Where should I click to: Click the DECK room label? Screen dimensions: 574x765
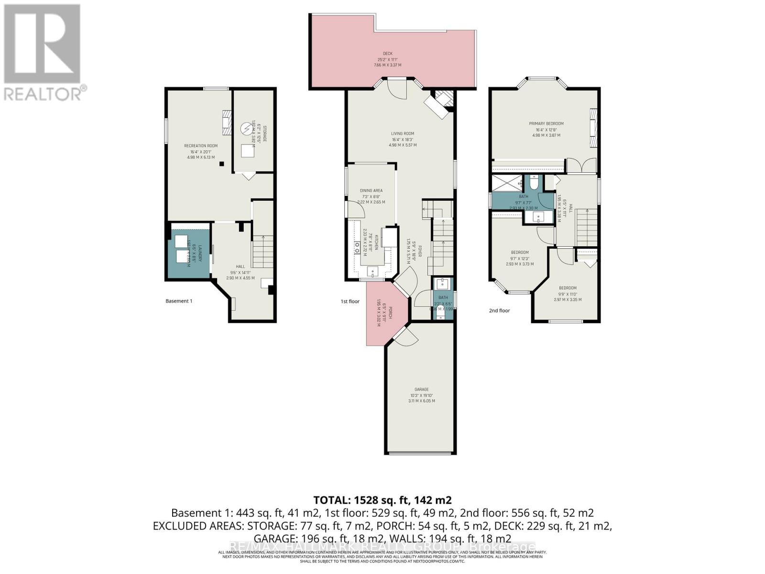pos(387,54)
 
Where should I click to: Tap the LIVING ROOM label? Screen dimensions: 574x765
pos(402,134)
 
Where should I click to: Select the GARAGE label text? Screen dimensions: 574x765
pos(421,389)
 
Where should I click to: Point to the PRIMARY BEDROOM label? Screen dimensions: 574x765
pos(546,124)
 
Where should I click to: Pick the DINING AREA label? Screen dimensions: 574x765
pos(371,191)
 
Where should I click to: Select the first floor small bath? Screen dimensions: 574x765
pos(443,299)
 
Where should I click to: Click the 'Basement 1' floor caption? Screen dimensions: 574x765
pos(179,301)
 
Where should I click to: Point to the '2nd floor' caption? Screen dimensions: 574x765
pos(499,310)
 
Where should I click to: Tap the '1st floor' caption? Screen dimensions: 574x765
pos(350,301)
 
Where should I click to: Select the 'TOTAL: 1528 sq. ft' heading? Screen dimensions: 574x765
pos(382,500)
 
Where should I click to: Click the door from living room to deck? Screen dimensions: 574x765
pos(396,89)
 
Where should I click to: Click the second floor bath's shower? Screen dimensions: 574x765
pos(508,183)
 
